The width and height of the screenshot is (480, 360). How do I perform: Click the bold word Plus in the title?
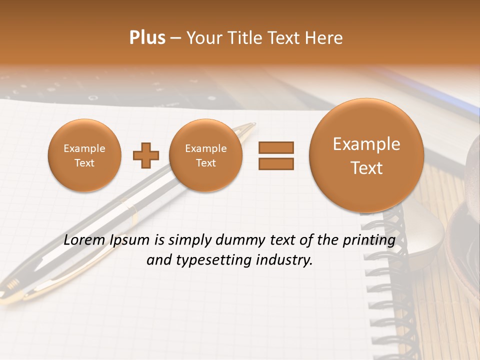(x=147, y=38)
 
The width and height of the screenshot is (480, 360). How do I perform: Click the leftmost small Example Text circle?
(x=84, y=155)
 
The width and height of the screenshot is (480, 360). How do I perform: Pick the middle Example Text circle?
(x=206, y=155)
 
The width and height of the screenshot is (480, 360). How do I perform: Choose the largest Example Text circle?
(x=366, y=155)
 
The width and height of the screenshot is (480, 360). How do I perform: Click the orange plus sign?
(x=145, y=156)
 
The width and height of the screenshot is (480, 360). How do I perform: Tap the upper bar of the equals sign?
(x=276, y=147)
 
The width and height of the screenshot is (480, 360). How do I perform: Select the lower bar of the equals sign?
(x=276, y=164)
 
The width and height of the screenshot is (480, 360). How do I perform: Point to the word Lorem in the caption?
(x=82, y=240)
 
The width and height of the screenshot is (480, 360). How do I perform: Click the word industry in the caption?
(x=285, y=260)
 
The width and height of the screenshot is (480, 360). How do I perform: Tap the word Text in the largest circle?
(x=366, y=168)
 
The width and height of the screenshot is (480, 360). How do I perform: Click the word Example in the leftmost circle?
(x=84, y=148)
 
